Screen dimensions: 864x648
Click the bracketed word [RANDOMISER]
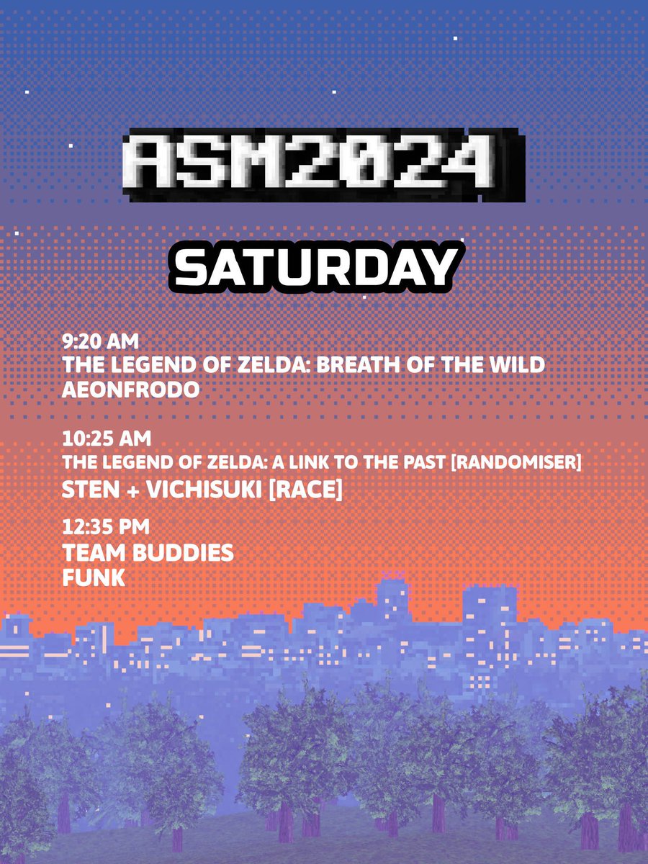(x=516, y=462)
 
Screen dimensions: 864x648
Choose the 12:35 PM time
(x=106, y=526)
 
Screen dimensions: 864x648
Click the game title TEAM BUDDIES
(x=148, y=553)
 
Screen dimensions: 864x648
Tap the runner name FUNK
(x=94, y=577)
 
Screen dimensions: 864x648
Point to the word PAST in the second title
(x=426, y=462)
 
